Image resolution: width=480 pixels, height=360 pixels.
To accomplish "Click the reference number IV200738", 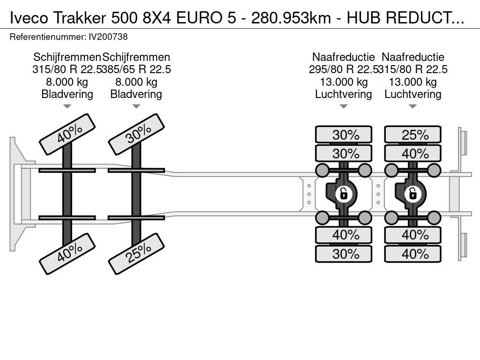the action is [x=108, y=37].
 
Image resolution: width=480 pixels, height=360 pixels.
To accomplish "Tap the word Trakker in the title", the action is [x=80, y=18].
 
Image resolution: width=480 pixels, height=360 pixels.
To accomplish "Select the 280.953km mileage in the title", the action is [x=291, y=18].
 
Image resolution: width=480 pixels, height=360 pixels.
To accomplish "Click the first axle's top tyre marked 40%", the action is [x=67, y=135].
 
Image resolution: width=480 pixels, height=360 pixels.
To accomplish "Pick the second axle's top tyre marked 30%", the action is [x=136, y=135].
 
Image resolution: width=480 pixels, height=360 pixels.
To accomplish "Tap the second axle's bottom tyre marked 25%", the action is [x=136, y=254].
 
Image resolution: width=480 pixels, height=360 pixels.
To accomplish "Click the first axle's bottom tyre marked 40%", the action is [x=67, y=254].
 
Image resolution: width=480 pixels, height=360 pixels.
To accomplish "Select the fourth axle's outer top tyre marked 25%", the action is [x=412, y=135].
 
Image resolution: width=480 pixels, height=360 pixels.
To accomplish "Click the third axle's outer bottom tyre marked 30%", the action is [x=344, y=254].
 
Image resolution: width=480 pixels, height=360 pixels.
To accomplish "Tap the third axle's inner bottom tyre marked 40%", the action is [x=344, y=235].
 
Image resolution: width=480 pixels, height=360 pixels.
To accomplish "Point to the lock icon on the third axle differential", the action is [x=344, y=194].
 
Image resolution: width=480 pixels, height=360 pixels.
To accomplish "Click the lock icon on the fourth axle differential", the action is [x=412, y=194].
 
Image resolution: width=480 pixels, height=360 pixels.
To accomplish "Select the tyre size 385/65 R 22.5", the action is [x=136, y=69].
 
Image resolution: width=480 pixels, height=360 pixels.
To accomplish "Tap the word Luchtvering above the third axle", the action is [x=344, y=94].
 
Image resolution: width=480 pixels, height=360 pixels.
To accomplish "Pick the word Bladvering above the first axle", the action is [x=67, y=94].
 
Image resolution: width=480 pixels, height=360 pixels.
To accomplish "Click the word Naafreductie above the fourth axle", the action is [x=412, y=57].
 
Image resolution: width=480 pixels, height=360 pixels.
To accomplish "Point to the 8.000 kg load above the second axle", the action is [x=136, y=82].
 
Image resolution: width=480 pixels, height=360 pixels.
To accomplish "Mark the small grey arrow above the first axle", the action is [x=67, y=106].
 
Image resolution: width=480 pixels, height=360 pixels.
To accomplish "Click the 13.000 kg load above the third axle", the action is [x=344, y=82].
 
